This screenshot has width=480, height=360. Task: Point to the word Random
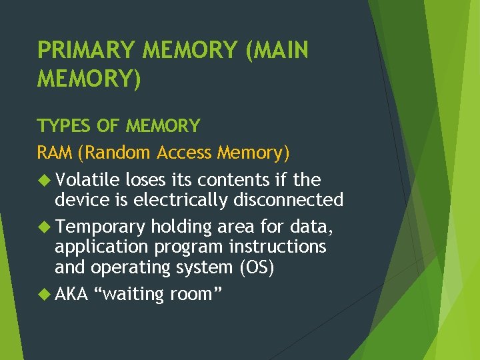point(115,153)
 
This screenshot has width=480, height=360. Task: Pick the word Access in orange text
point(185,153)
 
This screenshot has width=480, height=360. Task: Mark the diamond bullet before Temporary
point(44,227)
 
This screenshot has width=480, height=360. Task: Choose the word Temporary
point(100,227)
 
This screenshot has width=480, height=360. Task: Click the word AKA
point(72,294)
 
